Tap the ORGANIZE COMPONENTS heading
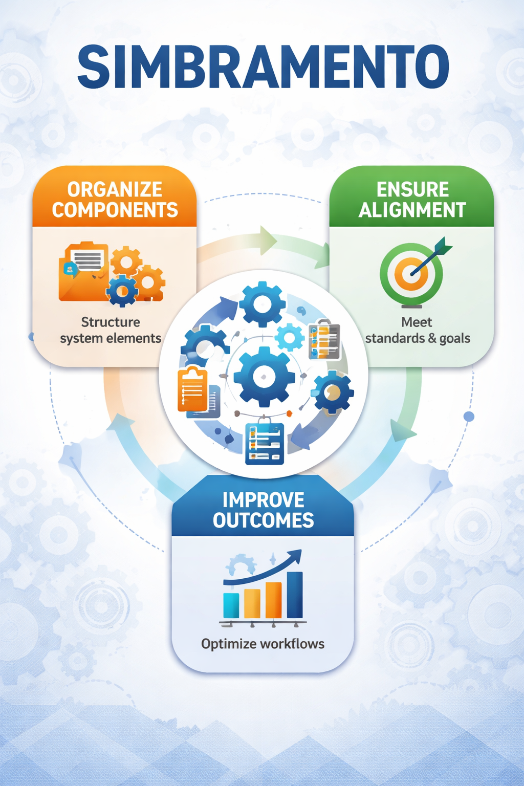115,200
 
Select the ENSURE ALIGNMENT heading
412,200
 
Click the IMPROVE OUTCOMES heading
263,510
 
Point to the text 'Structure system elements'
111,330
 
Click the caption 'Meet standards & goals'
417,330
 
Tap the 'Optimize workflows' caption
263,644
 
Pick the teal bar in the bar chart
231,605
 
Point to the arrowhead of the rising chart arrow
296,556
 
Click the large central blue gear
264,377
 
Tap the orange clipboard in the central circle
193,389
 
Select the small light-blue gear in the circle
290,337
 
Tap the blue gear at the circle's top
262,304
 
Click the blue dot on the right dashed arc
469,417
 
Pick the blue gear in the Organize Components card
122,291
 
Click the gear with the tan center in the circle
333,392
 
